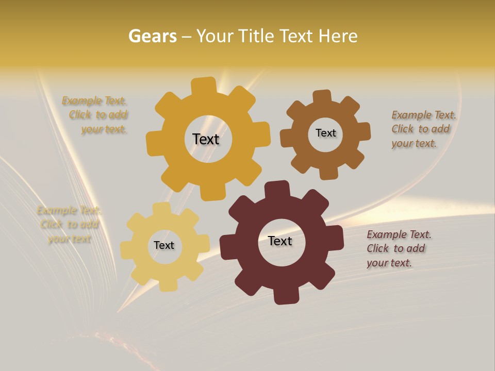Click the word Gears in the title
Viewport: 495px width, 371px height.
[152, 36]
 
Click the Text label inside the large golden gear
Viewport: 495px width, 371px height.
[206, 139]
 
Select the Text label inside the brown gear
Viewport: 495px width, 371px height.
[325, 133]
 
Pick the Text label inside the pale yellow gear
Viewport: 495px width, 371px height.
[164, 245]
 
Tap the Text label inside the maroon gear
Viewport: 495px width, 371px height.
[280, 241]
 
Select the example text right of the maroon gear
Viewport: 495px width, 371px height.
[398, 248]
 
